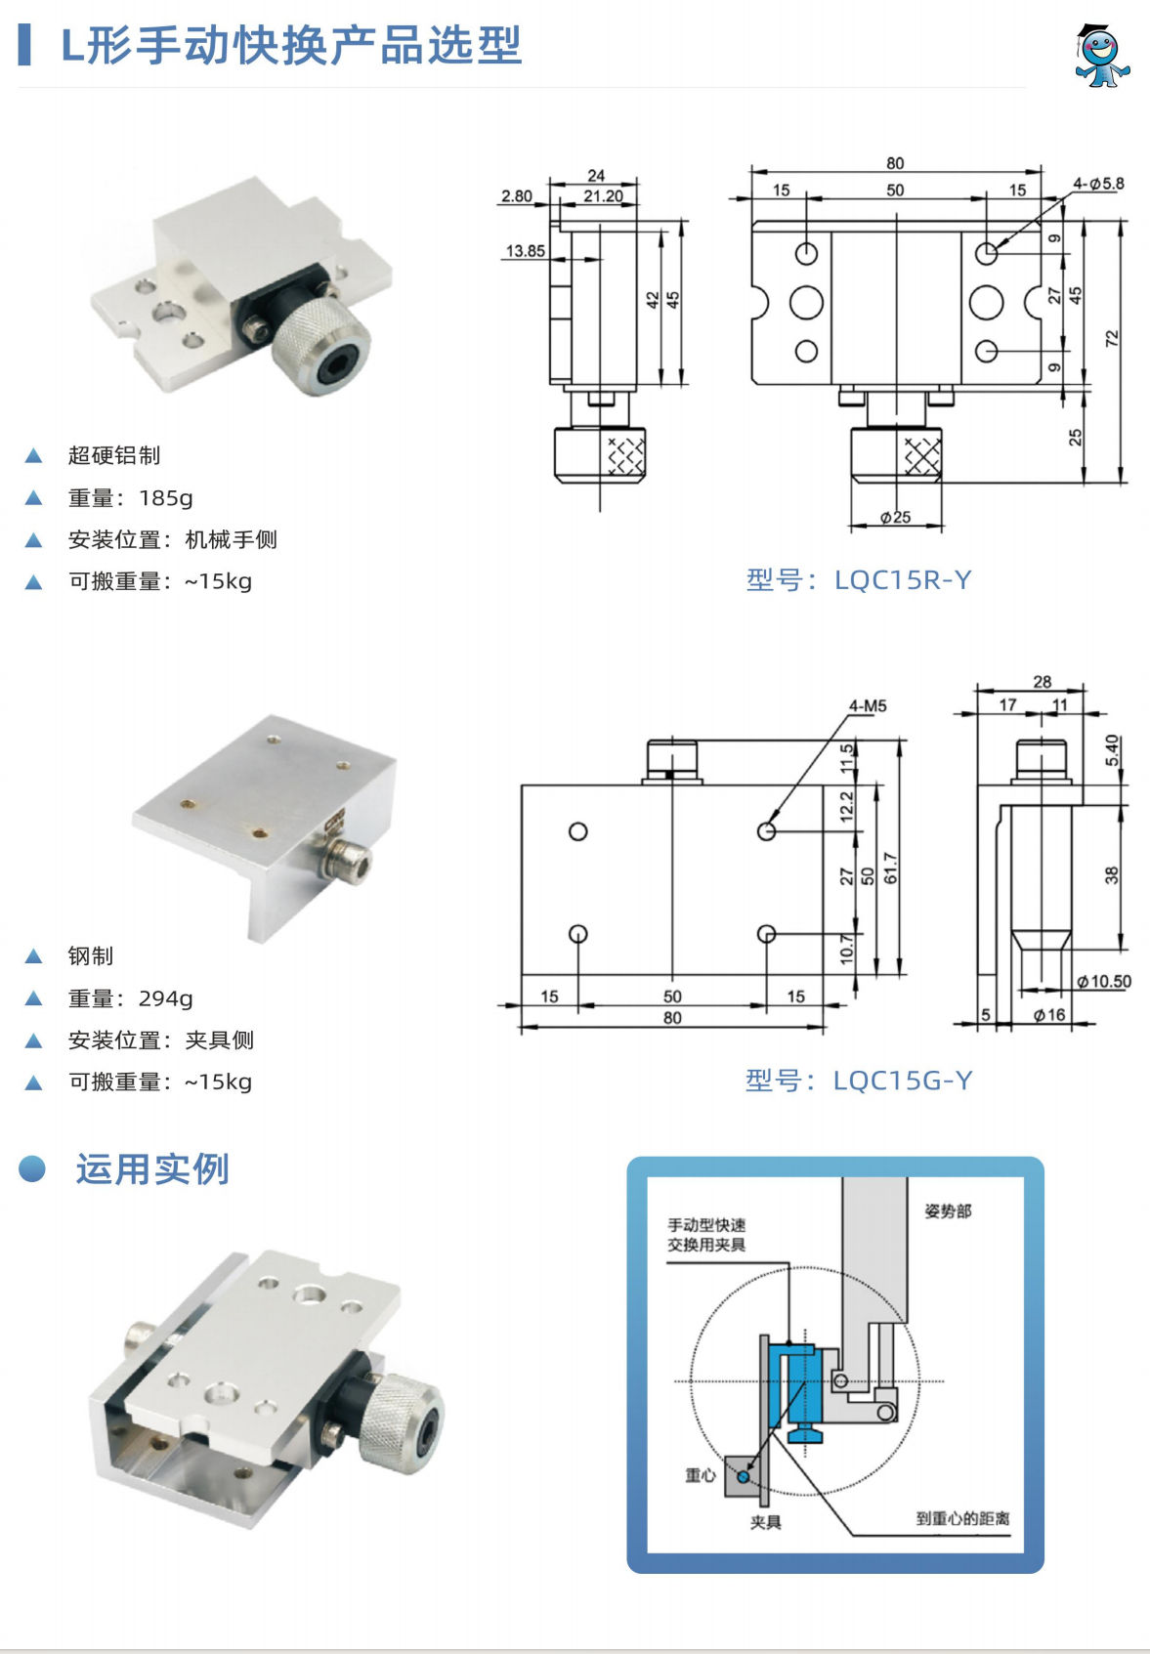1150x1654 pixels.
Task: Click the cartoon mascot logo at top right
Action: point(1102,57)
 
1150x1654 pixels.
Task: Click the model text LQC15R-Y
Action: point(902,580)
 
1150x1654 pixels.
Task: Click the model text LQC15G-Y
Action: point(902,1081)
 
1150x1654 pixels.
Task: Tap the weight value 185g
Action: point(165,498)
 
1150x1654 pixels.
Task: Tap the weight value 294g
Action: point(165,998)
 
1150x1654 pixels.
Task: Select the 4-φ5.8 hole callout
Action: point(1097,184)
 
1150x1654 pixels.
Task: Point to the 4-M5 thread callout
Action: point(867,705)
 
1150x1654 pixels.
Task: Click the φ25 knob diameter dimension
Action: point(895,517)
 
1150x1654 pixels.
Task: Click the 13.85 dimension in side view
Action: point(525,251)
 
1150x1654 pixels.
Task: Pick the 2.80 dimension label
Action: point(516,196)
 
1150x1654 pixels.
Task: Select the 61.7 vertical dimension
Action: point(890,868)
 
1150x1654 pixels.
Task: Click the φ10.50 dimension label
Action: point(1103,982)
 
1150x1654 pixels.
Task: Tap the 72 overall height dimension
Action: point(1112,339)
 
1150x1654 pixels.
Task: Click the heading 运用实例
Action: point(152,1169)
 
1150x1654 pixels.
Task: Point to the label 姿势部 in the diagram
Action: point(948,1211)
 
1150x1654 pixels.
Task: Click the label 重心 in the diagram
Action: point(700,1475)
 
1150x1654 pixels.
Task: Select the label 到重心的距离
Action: point(962,1518)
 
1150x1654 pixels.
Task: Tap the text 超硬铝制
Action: point(114,456)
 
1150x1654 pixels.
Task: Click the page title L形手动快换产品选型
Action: point(291,46)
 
